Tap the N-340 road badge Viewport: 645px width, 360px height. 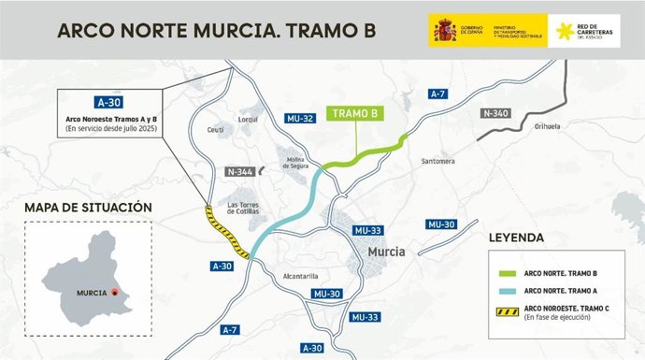pos(497,112)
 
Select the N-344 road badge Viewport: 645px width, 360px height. pos(240,172)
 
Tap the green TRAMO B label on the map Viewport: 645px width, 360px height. pos(355,114)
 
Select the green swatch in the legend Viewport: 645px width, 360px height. pos(502,274)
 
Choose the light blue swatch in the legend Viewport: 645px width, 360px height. pos(502,292)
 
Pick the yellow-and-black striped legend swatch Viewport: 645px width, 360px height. pos(502,310)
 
